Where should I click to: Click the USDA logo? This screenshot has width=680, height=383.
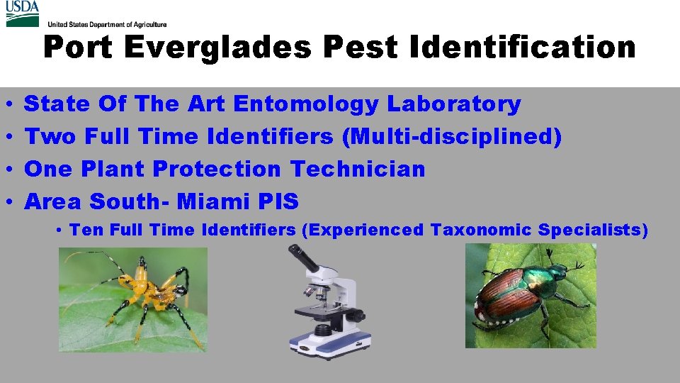23,13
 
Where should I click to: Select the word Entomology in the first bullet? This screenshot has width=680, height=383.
306,104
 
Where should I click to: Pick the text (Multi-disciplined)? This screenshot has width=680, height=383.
452,136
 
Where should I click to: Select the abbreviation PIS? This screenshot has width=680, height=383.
280,201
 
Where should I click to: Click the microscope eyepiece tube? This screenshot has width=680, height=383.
303,259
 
